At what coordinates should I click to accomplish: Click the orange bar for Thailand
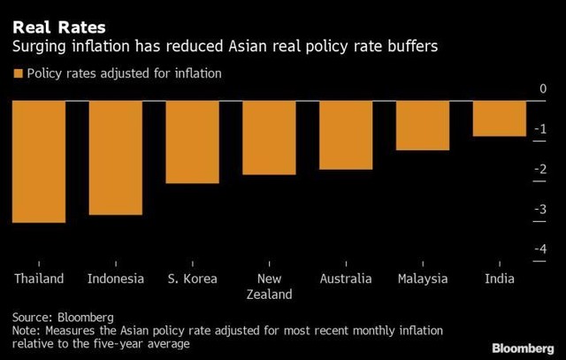(x=39, y=161)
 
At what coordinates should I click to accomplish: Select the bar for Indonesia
(x=116, y=157)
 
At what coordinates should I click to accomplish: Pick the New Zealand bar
(x=269, y=137)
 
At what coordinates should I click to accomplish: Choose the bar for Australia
(x=346, y=134)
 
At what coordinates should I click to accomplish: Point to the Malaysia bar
(x=422, y=125)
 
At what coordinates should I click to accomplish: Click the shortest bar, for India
(x=499, y=119)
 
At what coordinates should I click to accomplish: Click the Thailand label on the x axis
(x=39, y=279)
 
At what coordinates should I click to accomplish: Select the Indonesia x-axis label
(x=116, y=279)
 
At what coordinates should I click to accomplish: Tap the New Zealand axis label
(x=269, y=286)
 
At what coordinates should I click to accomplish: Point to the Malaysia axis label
(x=422, y=279)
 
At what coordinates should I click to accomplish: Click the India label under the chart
(x=499, y=279)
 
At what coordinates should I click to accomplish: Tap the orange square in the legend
(x=18, y=73)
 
